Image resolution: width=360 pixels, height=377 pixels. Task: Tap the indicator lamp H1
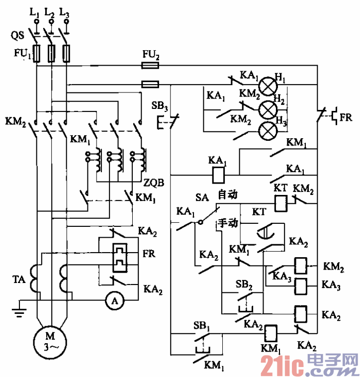[269, 85]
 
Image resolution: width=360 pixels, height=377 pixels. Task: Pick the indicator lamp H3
[269, 130]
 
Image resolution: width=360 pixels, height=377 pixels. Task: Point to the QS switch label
[16, 35]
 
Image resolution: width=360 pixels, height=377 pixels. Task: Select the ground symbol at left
[18, 309]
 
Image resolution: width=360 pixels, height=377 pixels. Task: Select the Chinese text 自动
[228, 194]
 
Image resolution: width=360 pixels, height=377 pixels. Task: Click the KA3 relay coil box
[301, 286]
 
